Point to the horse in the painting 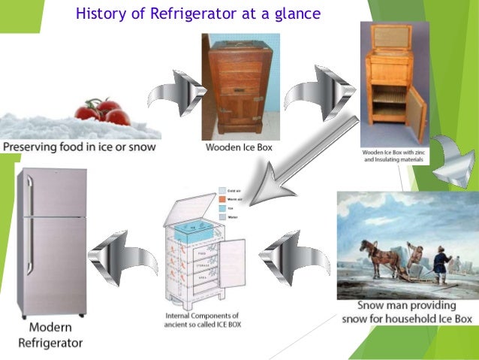click(375, 252)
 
